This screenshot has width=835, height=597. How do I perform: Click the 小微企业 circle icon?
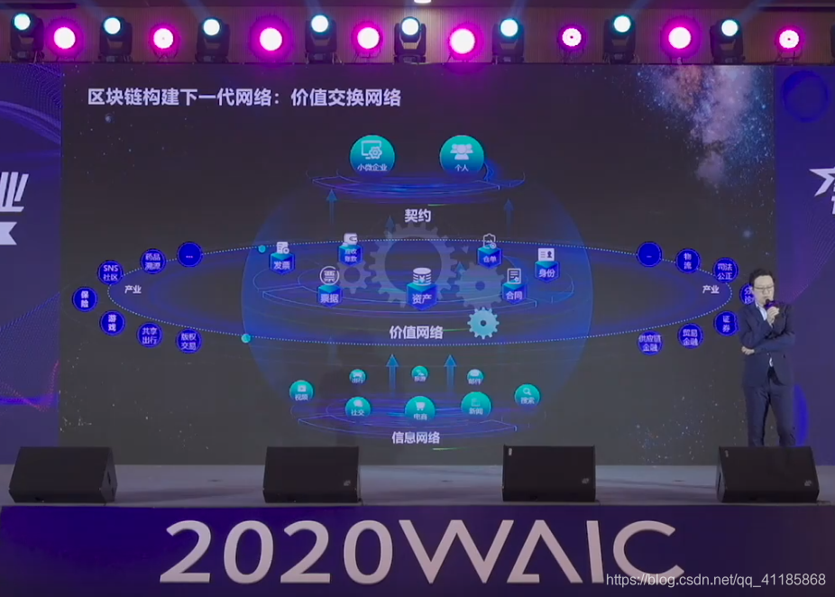click(372, 154)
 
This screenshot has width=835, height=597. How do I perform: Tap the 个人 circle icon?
click(461, 154)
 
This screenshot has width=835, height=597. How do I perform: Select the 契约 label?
click(417, 216)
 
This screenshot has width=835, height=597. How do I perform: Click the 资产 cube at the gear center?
click(420, 283)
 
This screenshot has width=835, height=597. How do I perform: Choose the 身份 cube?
click(546, 262)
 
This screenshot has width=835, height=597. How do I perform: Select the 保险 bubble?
click(84, 299)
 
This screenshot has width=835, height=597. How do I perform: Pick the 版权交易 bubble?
click(188, 339)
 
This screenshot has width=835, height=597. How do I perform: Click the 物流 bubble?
click(688, 262)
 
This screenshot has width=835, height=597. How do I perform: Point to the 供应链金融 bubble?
click(649, 342)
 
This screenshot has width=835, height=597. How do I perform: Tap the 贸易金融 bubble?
click(689, 335)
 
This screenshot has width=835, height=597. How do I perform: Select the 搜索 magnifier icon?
click(528, 395)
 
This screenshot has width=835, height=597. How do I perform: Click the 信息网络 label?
click(416, 438)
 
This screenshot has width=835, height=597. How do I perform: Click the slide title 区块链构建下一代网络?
click(243, 98)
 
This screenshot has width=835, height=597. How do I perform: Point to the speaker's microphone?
click(767, 308)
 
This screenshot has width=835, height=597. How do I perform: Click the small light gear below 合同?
click(483, 323)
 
